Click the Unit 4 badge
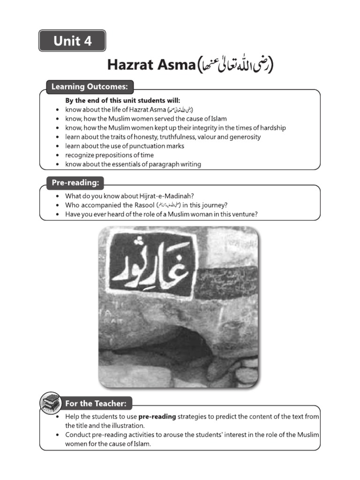click(x=72, y=41)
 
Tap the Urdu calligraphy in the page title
click(x=234, y=65)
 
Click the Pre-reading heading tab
click(x=75, y=182)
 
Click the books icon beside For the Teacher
click(x=50, y=403)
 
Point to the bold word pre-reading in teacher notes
click(x=157, y=416)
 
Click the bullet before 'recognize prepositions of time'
click(x=56, y=155)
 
